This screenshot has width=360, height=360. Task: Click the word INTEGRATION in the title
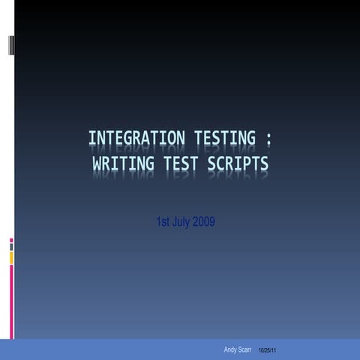point(136,138)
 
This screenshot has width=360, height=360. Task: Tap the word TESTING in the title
point(225,138)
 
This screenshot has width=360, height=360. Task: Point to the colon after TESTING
point(268,139)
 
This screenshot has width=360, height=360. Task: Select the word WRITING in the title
point(123,163)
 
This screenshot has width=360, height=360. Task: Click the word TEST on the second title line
point(181,163)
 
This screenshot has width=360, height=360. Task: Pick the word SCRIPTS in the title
point(238,163)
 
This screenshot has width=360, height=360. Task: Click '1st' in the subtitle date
point(163,221)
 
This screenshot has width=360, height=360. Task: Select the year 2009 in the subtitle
point(204,221)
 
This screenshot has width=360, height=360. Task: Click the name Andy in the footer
point(229,349)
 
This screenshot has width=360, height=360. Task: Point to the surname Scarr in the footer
point(244,349)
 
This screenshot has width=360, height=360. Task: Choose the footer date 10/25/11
point(267,350)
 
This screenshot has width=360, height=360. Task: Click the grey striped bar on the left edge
point(11,45)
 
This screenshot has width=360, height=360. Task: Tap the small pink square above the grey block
point(11,241)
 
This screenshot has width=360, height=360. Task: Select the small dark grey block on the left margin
point(11,247)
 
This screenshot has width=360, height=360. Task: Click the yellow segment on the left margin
point(11,258)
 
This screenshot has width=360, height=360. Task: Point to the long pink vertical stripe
point(11,302)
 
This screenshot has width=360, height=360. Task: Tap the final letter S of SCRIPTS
point(265,163)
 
